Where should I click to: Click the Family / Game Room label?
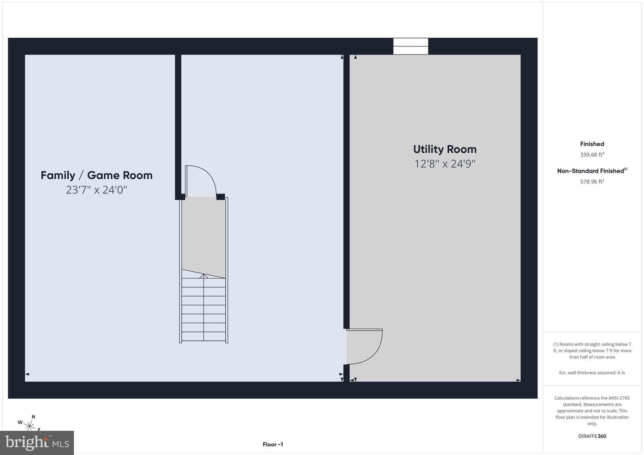(x=97, y=175)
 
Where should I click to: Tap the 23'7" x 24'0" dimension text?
(x=97, y=190)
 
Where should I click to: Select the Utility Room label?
(x=445, y=149)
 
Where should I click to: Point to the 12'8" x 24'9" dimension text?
(x=445, y=164)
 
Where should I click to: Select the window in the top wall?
(x=411, y=46)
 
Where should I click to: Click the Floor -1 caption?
(x=273, y=444)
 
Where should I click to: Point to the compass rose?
(x=30, y=425)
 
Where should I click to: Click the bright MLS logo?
(x=37, y=442)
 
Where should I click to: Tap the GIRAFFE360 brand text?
(x=592, y=436)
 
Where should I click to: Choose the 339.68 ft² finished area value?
(x=592, y=155)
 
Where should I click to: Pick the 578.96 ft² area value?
(x=592, y=181)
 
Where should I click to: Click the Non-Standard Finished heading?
(x=592, y=171)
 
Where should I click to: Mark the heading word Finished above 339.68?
(x=592, y=144)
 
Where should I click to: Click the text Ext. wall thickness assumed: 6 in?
(x=592, y=373)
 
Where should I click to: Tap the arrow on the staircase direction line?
(x=203, y=276)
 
